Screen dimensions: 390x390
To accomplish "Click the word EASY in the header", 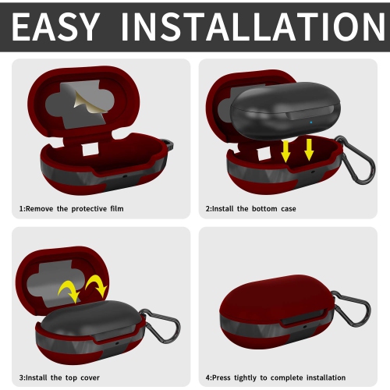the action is click(56, 27).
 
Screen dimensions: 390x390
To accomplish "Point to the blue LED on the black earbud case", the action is click(311, 122).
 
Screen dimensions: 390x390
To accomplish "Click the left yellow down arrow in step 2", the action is click(285, 151).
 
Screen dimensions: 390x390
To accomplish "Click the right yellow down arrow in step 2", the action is click(309, 150).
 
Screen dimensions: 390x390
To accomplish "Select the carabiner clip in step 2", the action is click(356, 159).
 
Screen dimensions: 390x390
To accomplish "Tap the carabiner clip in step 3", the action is click(161, 326).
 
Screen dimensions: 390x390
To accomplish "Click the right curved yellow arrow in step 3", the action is click(97, 285).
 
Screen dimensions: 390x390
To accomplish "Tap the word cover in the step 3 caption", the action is click(90, 378).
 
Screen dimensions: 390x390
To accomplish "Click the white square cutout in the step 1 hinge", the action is click(90, 150).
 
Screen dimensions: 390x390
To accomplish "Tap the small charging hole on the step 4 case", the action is click(304, 327).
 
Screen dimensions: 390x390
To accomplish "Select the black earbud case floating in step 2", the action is click(285, 111).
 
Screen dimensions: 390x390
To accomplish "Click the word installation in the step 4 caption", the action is click(326, 378).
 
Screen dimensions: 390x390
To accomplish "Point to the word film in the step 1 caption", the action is click(117, 208).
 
